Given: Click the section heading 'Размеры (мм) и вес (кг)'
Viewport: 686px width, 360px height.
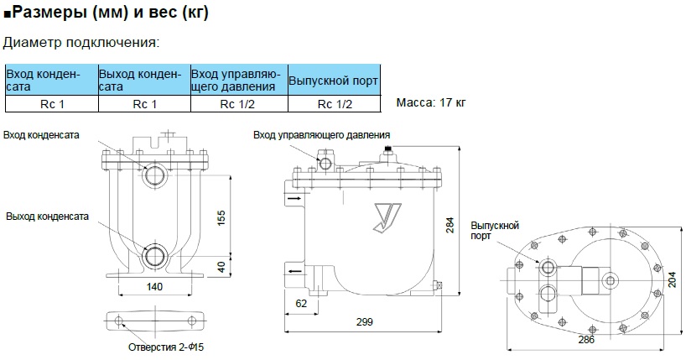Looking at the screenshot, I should [x=109, y=13].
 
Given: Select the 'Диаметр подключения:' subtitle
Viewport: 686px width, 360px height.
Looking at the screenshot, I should [x=81, y=42].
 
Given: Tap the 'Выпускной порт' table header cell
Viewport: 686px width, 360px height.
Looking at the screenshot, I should [x=332, y=81].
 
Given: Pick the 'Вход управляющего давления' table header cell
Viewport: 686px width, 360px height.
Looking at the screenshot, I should [x=239, y=81].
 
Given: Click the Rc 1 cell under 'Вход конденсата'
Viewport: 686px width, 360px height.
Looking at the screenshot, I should [x=52, y=105].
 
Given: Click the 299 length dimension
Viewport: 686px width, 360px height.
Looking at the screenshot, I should [x=363, y=321].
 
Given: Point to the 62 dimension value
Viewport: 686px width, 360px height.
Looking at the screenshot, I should [x=300, y=301].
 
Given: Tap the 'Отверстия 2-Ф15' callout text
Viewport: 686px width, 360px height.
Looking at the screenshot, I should [x=165, y=346].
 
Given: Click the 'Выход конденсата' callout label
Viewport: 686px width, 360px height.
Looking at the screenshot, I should [x=47, y=217].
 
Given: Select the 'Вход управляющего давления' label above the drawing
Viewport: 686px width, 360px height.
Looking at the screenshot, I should [x=321, y=134].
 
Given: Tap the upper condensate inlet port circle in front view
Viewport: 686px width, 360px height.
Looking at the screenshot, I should [x=156, y=175].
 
